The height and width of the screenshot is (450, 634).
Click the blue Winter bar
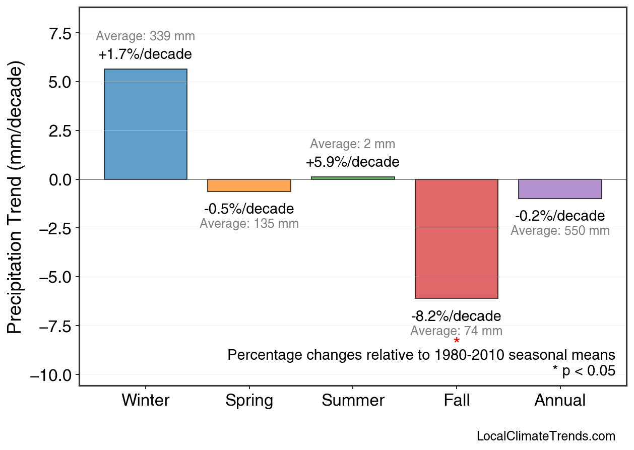pos(145,124)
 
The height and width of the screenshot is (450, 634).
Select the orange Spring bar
pos(249,185)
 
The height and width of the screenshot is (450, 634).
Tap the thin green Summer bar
pos(353,178)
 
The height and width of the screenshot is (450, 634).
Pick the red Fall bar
pos(456,238)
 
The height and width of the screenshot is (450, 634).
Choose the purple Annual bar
pos(560,189)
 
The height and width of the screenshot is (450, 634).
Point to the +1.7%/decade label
pos(145,54)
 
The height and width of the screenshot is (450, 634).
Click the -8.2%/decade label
pos(456,316)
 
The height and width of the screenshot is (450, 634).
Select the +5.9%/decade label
pos(352,162)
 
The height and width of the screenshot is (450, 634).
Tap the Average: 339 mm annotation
pos(145,36)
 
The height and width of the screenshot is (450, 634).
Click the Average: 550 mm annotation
pos(560,231)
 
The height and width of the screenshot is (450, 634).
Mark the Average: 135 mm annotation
pos(249,224)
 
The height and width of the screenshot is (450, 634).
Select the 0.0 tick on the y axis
pos(61,180)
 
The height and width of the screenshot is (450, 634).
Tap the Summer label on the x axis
pos(353,401)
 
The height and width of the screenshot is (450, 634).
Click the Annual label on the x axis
pos(560,401)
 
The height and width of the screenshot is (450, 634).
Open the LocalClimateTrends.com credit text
pos(546,436)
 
